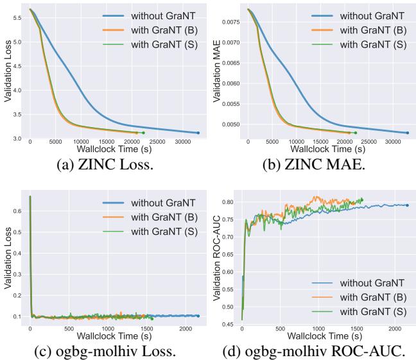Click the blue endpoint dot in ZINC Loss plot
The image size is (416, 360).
click(x=198, y=133)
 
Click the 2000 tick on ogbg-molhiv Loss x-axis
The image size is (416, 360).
click(x=186, y=329)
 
